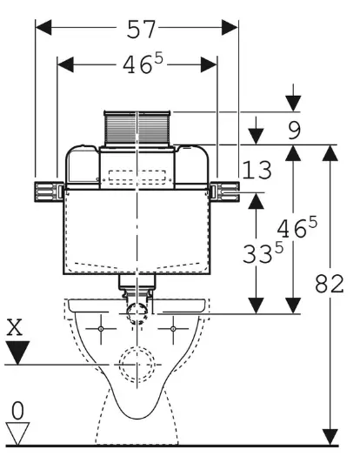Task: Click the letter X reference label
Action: click(15, 327)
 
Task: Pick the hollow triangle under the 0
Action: click(16, 433)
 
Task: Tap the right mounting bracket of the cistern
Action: click(229, 189)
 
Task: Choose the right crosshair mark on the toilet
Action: click(174, 330)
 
